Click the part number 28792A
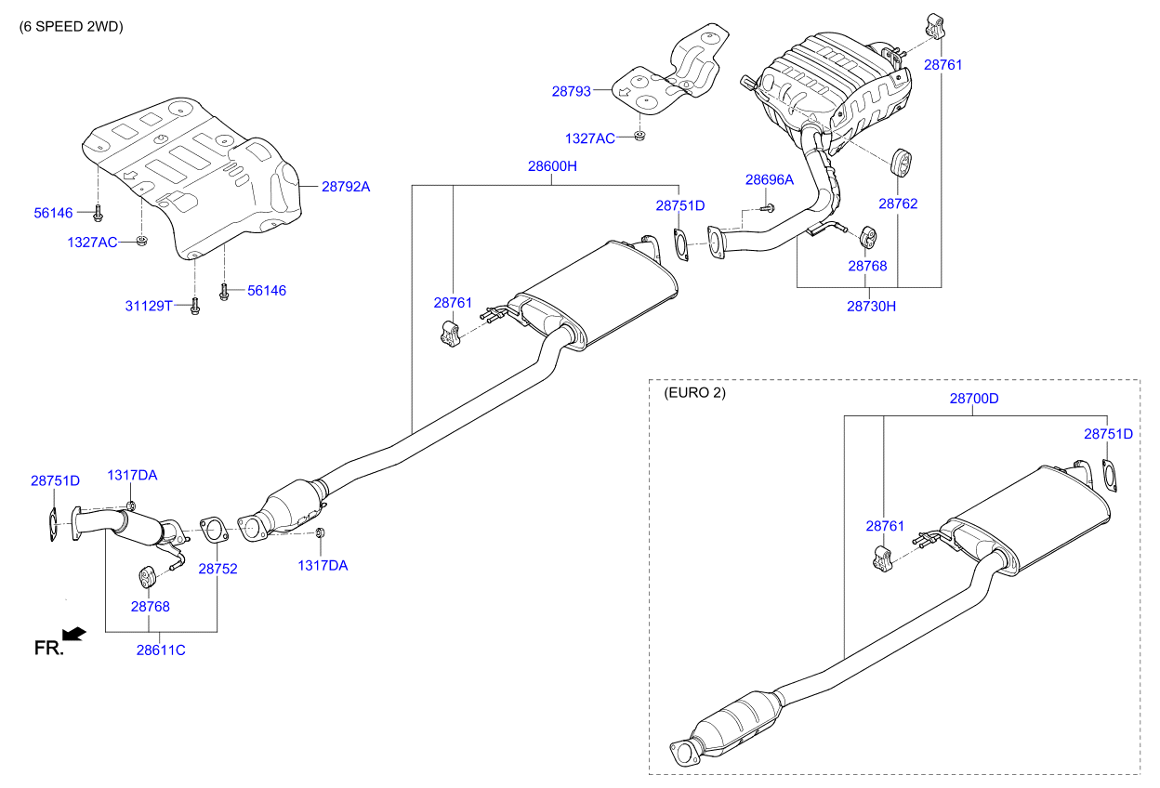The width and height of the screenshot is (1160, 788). point(346,187)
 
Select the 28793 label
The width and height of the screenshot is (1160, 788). point(572,91)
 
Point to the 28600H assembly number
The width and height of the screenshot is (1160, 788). point(552,166)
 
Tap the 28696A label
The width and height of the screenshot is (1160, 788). point(769,179)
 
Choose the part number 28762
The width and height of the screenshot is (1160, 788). point(898,204)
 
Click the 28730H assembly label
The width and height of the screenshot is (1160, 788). point(871,306)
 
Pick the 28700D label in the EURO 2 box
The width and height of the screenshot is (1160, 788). point(974,398)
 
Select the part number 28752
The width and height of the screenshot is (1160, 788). point(218,569)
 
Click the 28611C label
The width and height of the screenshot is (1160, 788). point(161,650)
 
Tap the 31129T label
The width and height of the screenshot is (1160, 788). point(149,306)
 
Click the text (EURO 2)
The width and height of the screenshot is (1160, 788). point(695,393)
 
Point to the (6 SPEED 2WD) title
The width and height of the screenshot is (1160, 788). point(71,27)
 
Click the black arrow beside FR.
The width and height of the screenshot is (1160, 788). point(74,635)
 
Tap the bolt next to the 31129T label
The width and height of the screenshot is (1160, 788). point(194,306)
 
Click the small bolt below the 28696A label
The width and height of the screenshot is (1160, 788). point(768,208)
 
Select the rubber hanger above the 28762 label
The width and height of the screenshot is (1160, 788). point(901,162)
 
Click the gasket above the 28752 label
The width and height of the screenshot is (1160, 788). point(214,530)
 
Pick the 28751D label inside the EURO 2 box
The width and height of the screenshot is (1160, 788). point(1108,434)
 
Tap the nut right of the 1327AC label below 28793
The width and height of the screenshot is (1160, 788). point(639,137)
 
